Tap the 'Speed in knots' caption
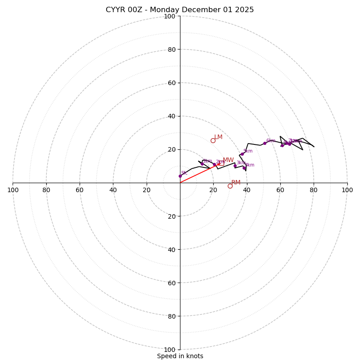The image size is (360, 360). (x=180, y=356)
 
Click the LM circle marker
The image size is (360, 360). (x=213, y=140)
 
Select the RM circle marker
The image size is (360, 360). (x=230, y=186)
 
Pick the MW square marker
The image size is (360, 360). (x=221, y=163)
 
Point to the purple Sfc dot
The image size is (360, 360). (x=180, y=176)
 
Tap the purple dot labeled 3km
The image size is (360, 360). (x=235, y=166)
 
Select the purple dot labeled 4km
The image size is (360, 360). (x=244, y=168)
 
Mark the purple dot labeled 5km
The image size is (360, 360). (x=242, y=154)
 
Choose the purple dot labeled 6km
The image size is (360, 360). (x=265, y=143)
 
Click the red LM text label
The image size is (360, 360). (x=218, y=137)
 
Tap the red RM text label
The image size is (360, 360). (x=236, y=183)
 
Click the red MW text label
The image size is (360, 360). (x=228, y=160)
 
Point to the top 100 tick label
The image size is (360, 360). (x=170, y=16)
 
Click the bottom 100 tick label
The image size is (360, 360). (x=170, y=350)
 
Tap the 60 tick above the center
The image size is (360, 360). (x=171, y=83)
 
